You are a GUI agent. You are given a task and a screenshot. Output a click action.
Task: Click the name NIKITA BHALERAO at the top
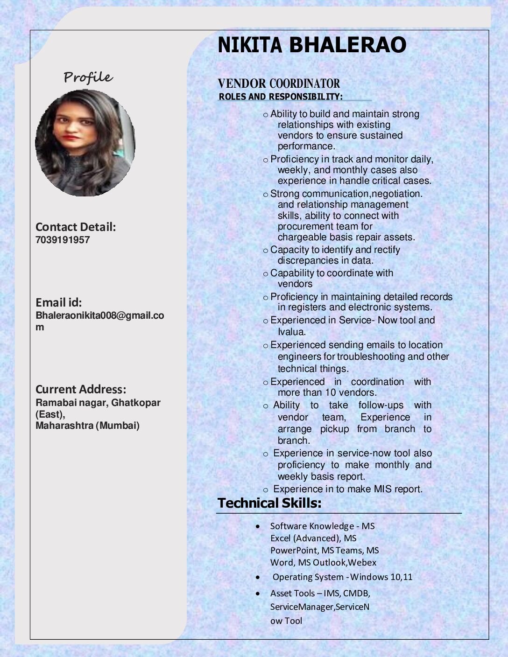pos(311,45)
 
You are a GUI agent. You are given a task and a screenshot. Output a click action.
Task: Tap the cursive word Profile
pos(88,77)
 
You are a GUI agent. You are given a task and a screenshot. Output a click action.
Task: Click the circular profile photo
pos(85,143)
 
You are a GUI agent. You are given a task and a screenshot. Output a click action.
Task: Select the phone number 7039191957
pos(63,240)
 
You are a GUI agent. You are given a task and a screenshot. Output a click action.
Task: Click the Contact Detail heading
pos(76,227)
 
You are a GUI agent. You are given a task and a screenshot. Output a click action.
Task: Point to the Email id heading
pos(59,302)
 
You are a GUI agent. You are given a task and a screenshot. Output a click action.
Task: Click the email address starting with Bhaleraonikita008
pos(100,315)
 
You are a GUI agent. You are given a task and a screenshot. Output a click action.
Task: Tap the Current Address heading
pos(81,390)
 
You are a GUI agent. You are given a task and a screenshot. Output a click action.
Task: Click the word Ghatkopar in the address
pos(136,403)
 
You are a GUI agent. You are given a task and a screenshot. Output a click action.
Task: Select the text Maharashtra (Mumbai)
pos(88,426)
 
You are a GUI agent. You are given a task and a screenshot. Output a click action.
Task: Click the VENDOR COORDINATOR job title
pos(279,84)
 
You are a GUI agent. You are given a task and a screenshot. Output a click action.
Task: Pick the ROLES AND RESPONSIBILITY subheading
pos(281,97)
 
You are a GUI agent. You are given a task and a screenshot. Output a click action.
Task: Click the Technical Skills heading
pos(269,503)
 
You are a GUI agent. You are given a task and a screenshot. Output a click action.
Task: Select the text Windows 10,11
pos(381,577)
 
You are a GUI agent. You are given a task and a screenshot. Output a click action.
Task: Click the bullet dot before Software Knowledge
pos(258,526)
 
